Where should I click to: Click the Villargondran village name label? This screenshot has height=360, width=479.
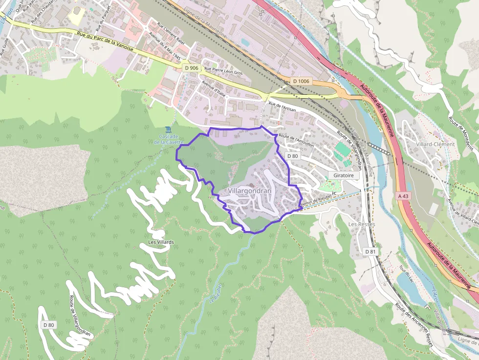tap(249, 191)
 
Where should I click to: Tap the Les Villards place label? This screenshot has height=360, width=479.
tap(161, 242)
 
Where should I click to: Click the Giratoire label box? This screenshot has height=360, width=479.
tap(344, 175)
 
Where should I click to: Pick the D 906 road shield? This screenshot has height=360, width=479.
tap(192, 68)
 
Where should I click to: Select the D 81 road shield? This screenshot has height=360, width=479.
tap(371, 251)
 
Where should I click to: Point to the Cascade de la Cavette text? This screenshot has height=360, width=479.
tap(168, 139)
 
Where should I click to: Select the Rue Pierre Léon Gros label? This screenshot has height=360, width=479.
tap(223, 71)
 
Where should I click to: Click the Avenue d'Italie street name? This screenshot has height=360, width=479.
tap(212, 89)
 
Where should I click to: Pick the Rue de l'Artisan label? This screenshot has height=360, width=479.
tap(282, 107)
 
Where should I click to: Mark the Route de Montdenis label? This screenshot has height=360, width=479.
tap(461, 132)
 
